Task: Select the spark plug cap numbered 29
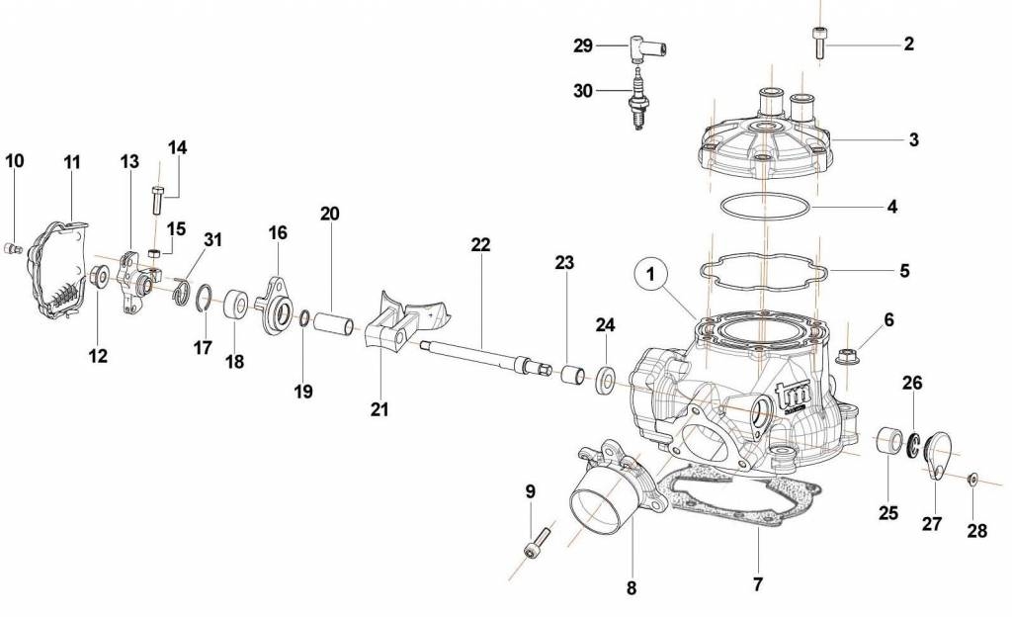(644, 45)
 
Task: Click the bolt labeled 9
(535, 544)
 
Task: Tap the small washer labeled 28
(973, 479)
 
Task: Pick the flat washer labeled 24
(605, 378)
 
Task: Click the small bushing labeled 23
(570, 374)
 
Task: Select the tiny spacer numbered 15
(155, 255)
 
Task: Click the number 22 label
(480, 245)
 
